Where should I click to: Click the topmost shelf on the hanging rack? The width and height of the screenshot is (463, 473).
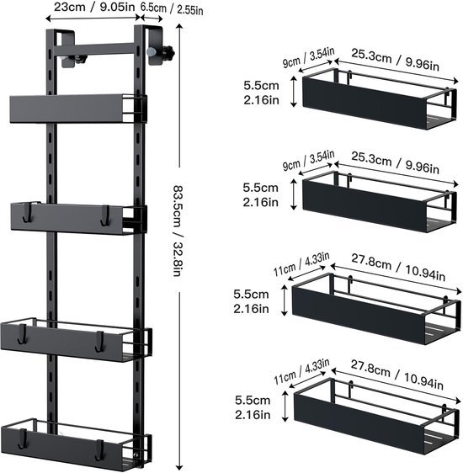pos(76,108)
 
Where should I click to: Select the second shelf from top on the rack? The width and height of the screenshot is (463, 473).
pos(74,216)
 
